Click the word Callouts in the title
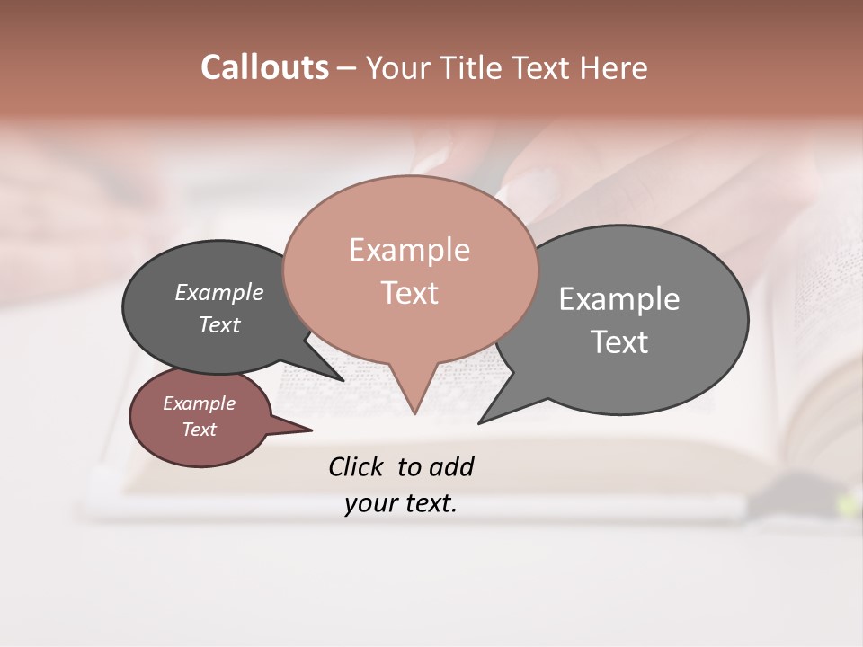click(x=264, y=67)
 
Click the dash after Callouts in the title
click(x=347, y=68)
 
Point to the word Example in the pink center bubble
click(x=409, y=250)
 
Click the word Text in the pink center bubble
click(x=409, y=293)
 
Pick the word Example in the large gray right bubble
click(x=619, y=299)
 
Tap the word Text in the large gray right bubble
click(x=619, y=342)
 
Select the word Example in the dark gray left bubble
click(x=219, y=292)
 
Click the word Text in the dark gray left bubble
click(x=219, y=324)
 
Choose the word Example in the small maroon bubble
click(x=199, y=403)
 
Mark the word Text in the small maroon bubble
click(x=199, y=430)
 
